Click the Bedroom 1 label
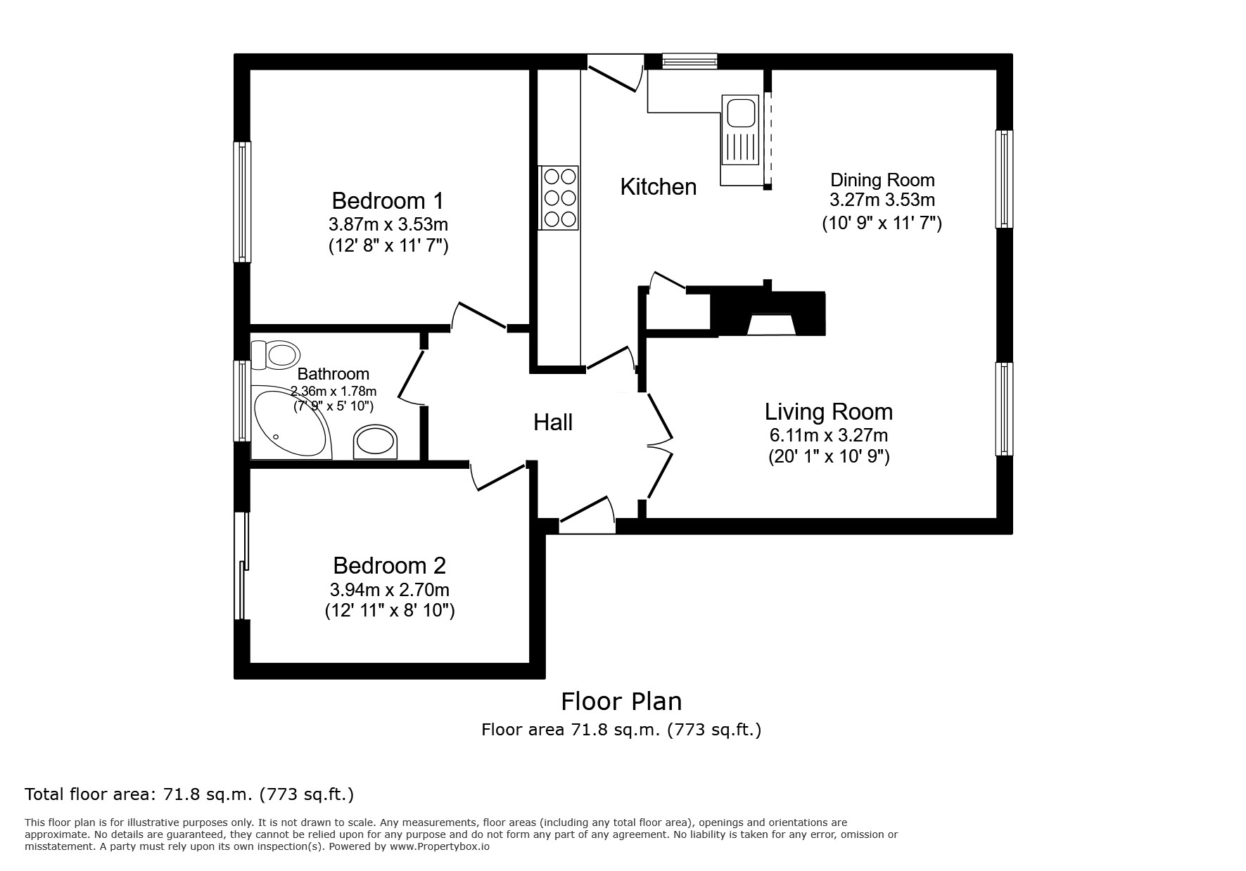coord(388,201)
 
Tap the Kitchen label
coord(659,187)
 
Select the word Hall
coord(553,422)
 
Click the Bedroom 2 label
coord(389,565)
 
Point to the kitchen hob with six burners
coord(559,198)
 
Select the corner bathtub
coord(290,422)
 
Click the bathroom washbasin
coord(376,441)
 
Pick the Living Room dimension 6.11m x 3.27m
coord(829,435)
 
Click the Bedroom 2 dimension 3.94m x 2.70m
coord(390,589)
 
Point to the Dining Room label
coord(882,180)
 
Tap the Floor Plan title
coord(621,702)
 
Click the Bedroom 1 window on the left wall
coord(242,202)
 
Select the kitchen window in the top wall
coord(689,61)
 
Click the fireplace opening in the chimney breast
coord(771,325)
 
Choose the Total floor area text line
coord(189,795)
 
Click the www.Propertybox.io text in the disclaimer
coord(439,846)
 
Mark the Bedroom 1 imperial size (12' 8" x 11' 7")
coord(388,247)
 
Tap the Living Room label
coord(829,411)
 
